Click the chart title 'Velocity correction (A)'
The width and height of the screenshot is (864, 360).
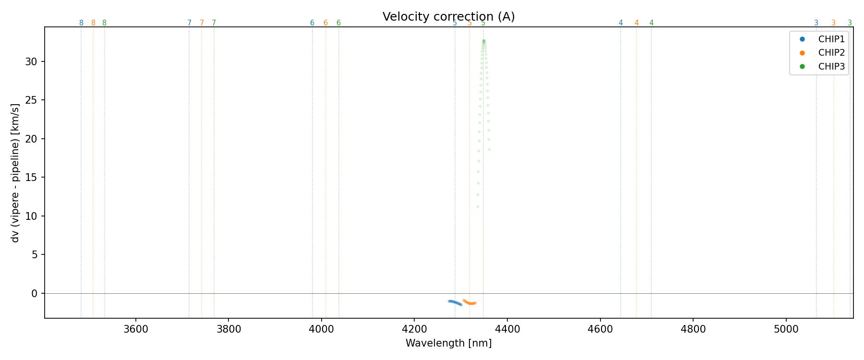pos(448,17)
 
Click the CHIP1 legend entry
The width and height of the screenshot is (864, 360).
pos(831,39)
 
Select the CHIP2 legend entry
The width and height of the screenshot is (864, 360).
pos(831,53)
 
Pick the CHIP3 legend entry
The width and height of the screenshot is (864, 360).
pos(831,67)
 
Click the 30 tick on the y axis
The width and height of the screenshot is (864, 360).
pos(32,61)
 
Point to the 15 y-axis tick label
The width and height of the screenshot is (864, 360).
pos(32,178)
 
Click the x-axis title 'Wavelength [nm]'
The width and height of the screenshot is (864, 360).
pos(448,343)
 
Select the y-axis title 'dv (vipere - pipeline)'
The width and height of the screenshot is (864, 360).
pos(15,173)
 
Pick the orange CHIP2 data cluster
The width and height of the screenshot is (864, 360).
pos(469,302)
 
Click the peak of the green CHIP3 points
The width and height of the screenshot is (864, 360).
pos(484,41)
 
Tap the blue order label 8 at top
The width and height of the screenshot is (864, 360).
pos(81,23)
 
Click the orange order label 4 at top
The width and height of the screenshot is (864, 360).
pos(636,23)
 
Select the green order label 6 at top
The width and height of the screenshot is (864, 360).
pos(338,23)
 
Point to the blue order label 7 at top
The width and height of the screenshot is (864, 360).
pos(189,23)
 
